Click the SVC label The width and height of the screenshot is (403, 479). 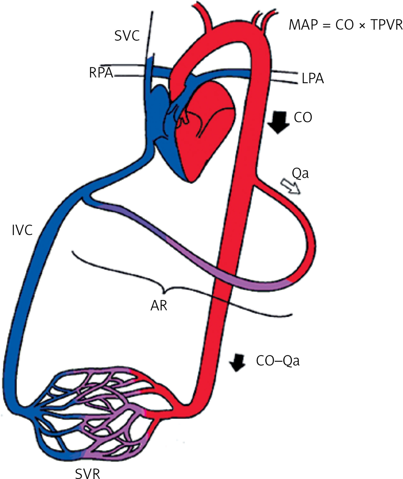(x=127, y=36)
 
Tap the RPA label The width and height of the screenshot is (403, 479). (x=101, y=73)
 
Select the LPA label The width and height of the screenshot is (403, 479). (x=313, y=78)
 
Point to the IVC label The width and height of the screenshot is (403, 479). (x=22, y=230)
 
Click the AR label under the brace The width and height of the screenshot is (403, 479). (x=159, y=306)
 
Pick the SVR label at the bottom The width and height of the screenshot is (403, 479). (x=88, y=473)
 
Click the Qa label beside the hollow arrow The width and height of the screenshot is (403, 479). (x=300, y=173)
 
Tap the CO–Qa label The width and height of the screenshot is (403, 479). (x=278, y=361)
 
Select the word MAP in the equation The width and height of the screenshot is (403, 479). (x=303, y=25)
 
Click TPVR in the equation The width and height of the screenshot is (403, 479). (x=387, y=25)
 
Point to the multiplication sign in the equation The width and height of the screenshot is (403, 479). (x=362, y=25)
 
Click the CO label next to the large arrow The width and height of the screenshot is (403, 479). (x=303, y=118)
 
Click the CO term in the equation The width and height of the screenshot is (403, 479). (x=344, y=25)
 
